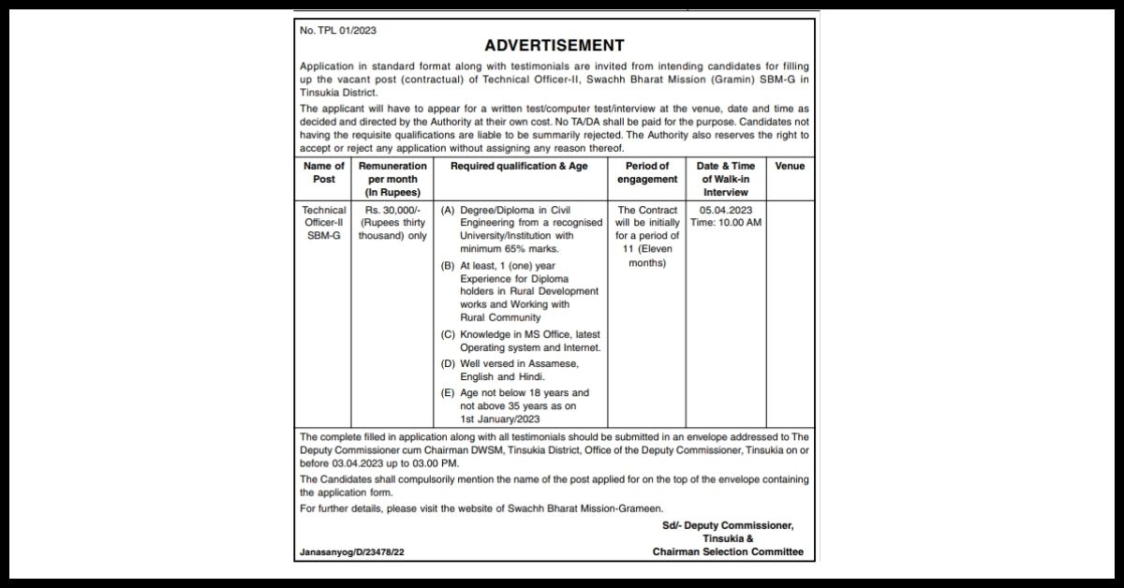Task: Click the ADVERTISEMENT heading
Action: point(554,46)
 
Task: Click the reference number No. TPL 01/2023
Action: point(338,31)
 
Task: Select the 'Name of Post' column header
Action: point(324,172)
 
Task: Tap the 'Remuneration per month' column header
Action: point(392,179)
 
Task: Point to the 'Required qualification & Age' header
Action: point(520,166)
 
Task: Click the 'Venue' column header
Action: point(790,166)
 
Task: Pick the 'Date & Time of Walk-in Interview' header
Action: point(726,179)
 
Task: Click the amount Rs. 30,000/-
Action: point(392,210)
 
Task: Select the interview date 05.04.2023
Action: point(726,210)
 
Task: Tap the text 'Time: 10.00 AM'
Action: point(726,223)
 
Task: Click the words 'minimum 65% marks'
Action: point(510,249)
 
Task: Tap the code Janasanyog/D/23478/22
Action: point(352,552)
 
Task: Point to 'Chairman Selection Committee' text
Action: point(728,552)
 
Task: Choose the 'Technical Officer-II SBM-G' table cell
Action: point(324,223)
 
